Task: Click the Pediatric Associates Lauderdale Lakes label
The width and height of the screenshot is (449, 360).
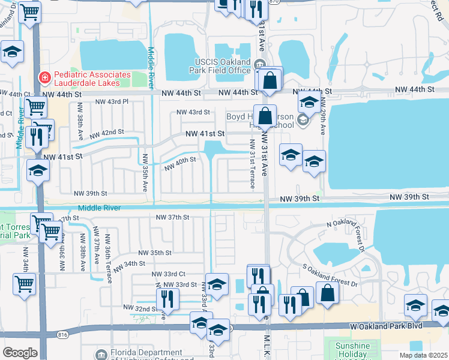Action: click(91, 78)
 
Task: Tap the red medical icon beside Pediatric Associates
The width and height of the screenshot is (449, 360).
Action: click(44, 77)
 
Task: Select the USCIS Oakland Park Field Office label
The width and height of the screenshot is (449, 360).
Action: click(223, 66)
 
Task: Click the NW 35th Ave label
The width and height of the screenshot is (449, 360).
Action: click(145, 173)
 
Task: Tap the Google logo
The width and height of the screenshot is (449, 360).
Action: click(20, 353)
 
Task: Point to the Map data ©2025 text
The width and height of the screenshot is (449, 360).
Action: click(424, 355)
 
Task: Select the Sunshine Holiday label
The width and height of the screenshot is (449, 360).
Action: click(352, 350)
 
